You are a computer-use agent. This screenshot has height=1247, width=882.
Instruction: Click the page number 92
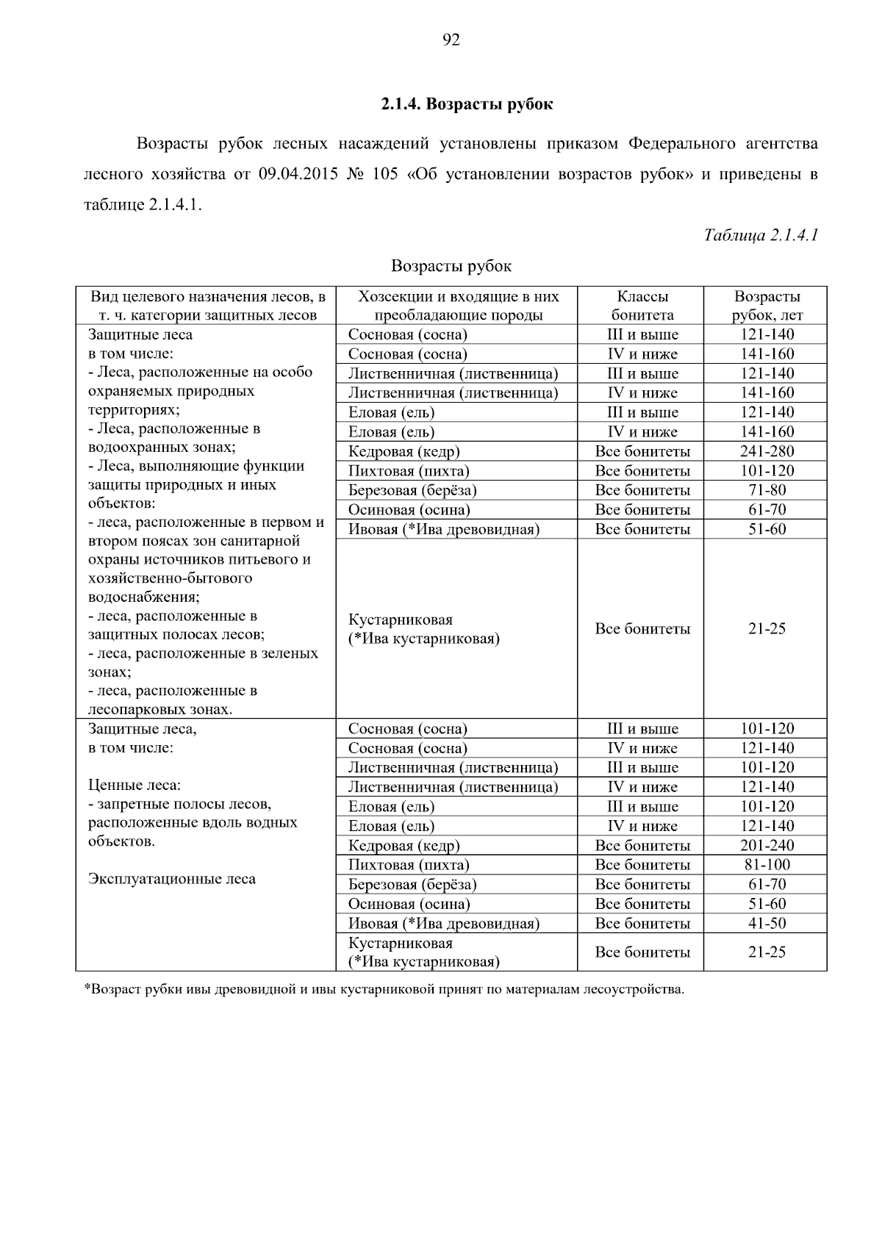pyautogui.click(x=451, y=40)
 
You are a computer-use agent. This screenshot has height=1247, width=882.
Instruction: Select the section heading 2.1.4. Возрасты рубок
pyautogui.click(x=467, y=104)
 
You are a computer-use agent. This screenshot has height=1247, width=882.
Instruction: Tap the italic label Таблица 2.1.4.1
pyautogui.click(x=761, y=235)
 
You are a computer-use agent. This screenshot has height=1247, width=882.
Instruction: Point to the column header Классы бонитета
pyautogui.click(x=642, y=306)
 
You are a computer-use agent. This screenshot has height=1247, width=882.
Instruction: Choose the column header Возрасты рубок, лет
pyautogui.click(x=767, y=306)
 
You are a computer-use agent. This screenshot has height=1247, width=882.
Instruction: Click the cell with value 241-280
pyautogui.click(x=767, y=451)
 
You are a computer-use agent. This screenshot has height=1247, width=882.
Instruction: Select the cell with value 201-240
pyautogui.click(x=767, y=846)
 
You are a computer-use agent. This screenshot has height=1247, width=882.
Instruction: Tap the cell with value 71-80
pyautogui.click(x=767, y=490)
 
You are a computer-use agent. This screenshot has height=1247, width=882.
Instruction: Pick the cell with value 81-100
pyautogui.click(x=767, y=865)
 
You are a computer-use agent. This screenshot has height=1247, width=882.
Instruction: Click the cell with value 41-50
pyautogui.click(x=767, y=924)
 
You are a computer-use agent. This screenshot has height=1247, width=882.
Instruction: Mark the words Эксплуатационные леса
pyautogui.click(x=172, y=879)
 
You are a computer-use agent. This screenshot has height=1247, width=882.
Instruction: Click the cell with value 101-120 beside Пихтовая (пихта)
pyautogui.click(x=767, y=471)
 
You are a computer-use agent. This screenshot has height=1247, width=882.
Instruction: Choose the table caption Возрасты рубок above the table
pyautogui.click(x=451, y=266)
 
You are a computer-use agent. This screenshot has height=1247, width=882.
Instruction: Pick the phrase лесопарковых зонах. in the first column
pyautogui.click(x=160, y=710)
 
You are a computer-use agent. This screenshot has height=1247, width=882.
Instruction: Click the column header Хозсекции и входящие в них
pyautogui.click(x=458, y=297)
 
